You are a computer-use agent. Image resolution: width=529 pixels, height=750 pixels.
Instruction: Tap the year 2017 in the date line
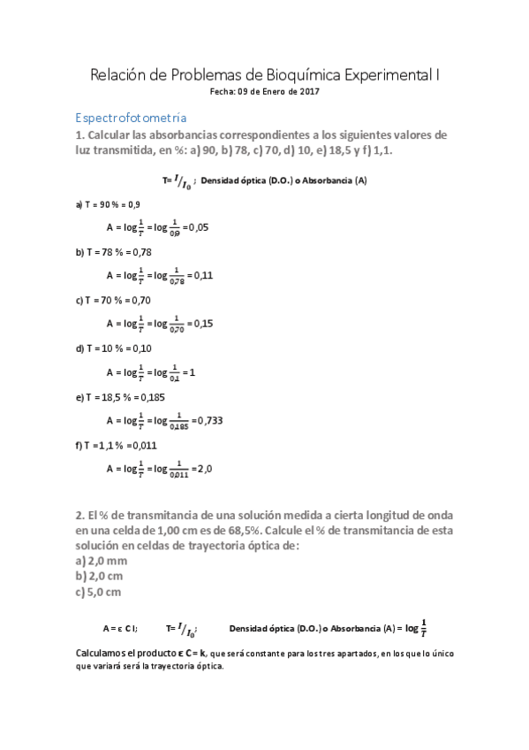tap(308, 91)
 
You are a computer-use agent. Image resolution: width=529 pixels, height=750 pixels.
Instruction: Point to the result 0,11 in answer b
tap(202, 275)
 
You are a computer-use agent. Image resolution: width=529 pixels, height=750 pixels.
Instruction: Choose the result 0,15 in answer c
tap(202, 324)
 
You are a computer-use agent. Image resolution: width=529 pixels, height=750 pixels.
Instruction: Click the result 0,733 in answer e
tap(208, 420)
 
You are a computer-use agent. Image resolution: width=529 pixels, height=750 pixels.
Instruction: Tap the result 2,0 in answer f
tap(201, 469)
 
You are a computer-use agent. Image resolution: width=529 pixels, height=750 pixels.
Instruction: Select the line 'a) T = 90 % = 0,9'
tap(108, 203)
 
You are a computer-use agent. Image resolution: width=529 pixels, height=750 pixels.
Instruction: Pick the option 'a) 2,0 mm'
tap(102, 561)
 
